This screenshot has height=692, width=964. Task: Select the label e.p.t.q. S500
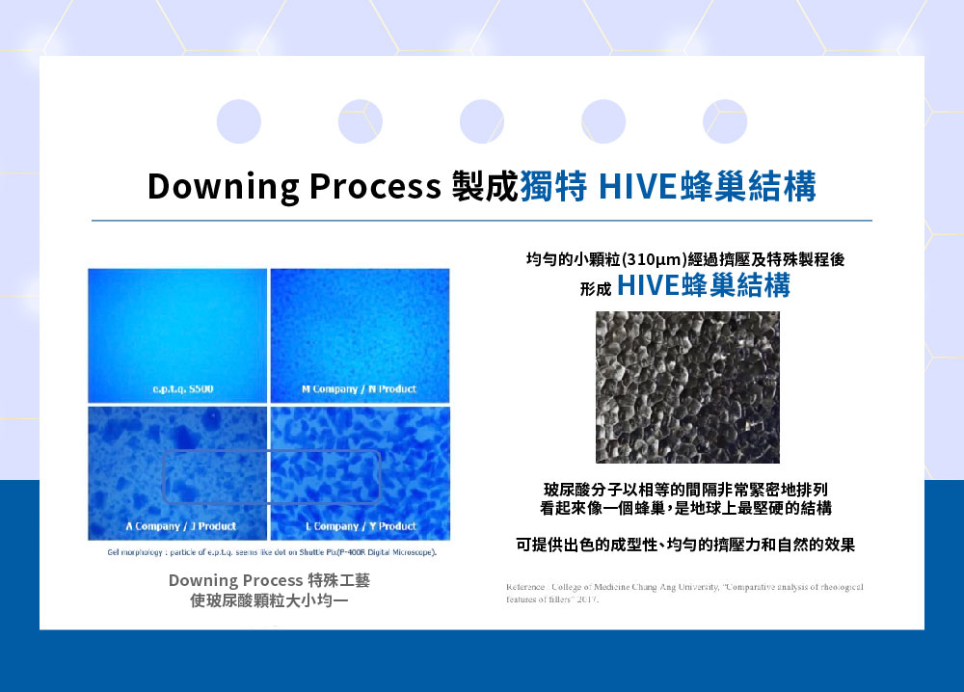(176, 389)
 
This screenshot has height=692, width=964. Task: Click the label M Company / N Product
(359, 389)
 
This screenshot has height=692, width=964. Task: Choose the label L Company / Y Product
(361, 526)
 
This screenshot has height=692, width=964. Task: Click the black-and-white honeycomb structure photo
(687, 386)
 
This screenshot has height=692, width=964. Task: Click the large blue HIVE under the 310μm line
(651, 286)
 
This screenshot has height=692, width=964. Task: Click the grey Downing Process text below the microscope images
(236, 580)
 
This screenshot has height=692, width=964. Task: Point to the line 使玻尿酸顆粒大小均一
(269, 599)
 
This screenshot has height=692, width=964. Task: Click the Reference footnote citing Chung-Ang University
(683, 587)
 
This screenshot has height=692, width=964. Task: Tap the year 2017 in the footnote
(582, 599)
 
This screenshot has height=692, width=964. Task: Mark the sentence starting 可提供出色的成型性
(685, 546)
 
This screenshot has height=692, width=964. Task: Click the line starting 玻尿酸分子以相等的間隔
(685, 489)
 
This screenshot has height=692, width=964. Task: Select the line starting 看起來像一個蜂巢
(685, 508)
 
